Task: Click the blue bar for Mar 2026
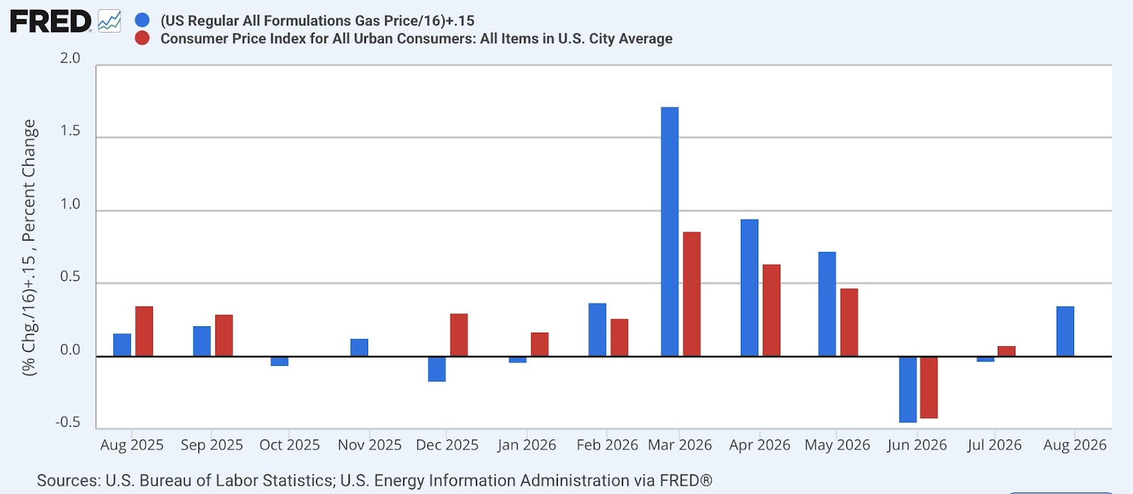pos(670,231)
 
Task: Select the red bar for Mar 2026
pos(692,294)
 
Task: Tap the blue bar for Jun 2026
pos(908,389)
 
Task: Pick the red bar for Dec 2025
pos(459,335)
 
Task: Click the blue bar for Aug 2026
pos(1065,331)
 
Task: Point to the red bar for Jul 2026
pos(1006,352)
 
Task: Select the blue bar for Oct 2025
pos(279,361)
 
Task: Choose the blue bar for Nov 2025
pos(359,348)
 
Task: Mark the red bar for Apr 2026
pos(771,311)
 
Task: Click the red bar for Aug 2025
pos(144,331)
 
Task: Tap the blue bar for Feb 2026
pos(598,330)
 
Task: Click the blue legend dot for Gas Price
pos(142,21)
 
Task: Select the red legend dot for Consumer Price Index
pos(142,38)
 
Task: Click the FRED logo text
pos(50,22)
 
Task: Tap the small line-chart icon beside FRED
pos(109,21)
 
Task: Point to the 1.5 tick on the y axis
pos(70,131)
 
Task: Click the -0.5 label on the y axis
pos(68,423)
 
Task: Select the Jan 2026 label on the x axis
pos(527,445)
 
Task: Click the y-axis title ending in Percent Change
pos(29,247)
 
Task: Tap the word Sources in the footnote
pos(67,481)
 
